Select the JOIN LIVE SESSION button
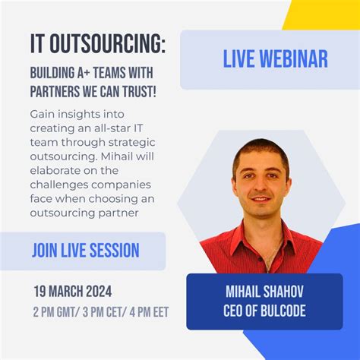click(85, 251)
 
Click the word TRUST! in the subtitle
click(137, 92)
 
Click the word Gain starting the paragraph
click(43, 112)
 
